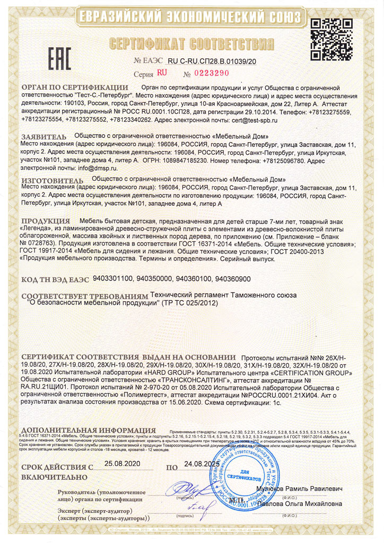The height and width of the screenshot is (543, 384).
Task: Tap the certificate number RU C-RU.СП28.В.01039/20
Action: point(212,62)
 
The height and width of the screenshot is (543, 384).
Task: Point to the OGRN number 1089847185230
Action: point(182,159)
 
